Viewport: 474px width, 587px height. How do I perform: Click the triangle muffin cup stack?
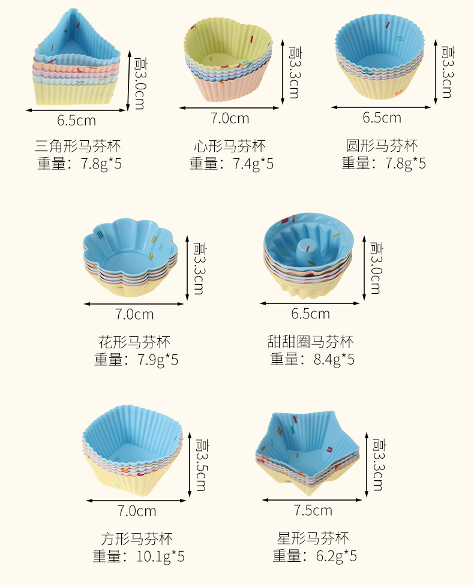77,60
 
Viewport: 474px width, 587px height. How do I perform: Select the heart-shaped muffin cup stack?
228,60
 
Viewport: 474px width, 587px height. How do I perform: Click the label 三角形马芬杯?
78,146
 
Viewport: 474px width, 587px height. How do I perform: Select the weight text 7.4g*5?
253,164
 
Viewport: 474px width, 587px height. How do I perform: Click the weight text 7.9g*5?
158,360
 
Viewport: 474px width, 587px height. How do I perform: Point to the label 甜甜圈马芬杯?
310,342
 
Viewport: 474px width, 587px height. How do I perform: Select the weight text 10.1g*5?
160,556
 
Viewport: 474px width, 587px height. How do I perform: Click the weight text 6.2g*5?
336,556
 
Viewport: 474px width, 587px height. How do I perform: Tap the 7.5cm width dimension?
313,511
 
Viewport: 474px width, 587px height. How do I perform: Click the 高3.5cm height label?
202,464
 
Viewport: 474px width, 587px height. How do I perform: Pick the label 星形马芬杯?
313,538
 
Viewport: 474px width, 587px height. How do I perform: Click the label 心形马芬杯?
229,146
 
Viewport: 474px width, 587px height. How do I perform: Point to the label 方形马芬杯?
137,538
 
